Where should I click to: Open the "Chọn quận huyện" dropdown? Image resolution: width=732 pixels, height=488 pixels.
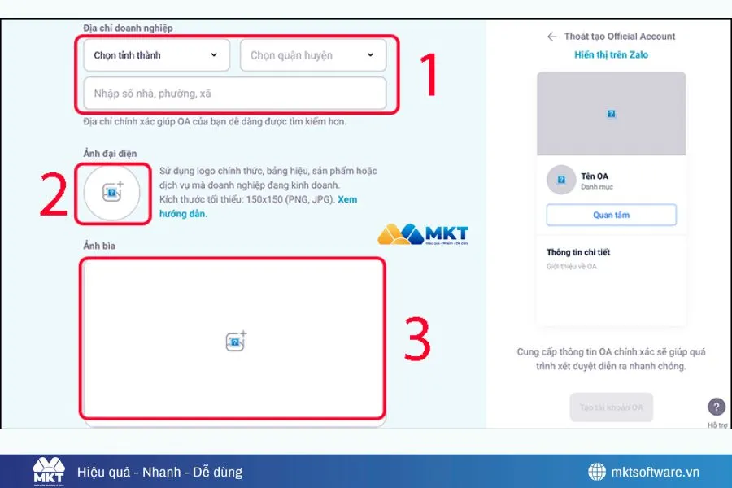click(312, 55)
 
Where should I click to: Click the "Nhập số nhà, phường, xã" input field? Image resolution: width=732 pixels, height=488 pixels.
click(234, 94)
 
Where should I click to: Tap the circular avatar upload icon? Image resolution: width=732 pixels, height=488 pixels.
click(112, 193)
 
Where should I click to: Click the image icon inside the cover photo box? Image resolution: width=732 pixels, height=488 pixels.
click(235, 342)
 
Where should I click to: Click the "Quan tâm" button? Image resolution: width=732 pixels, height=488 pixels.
click(611, 215)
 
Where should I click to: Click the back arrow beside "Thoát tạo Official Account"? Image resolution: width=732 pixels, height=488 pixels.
click(551, 37)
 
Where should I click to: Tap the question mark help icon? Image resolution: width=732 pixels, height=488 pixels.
click(716, 407)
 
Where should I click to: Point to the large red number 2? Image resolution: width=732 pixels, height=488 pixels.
click(54, 195)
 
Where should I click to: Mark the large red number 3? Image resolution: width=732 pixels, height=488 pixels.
click(416, 338)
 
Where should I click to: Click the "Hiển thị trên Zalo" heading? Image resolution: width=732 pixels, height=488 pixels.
click(611, 55)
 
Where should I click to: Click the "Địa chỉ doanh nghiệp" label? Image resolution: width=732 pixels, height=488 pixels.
click(128, 28)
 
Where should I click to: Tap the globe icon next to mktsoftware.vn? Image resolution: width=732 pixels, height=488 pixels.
click(598, 472)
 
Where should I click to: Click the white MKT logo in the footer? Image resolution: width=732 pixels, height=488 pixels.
click(48, 471)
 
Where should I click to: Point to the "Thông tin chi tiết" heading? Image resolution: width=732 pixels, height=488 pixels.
click(578, 252)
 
